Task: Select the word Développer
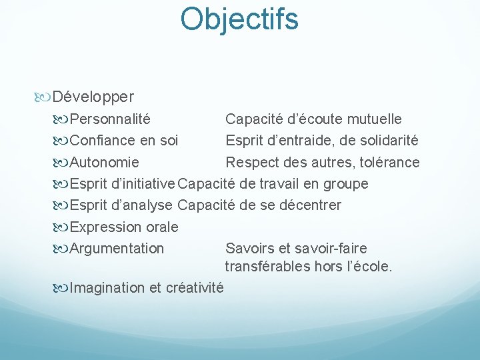pyautogui.click(x=93, y=97)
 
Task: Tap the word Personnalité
pyautogui.click(x=110, y=119)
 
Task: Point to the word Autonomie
pyautogui.click(x=105, y=162)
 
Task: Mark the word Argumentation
pyautogui.click(x=117, y=248)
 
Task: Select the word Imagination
pyautogui.click(x=107, y=288)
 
